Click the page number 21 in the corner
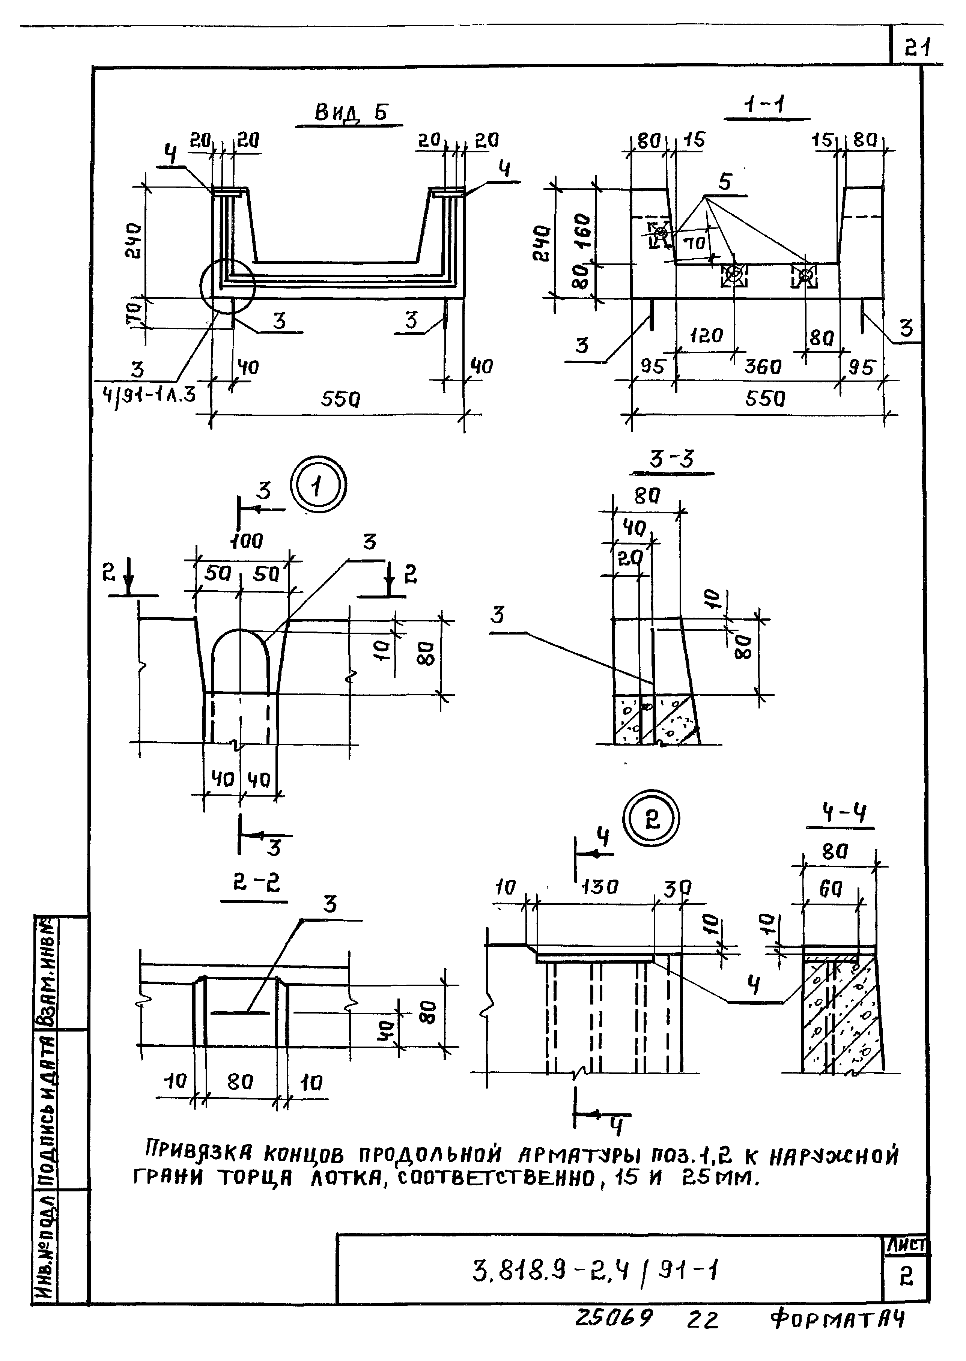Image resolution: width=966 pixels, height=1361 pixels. click(918, 47)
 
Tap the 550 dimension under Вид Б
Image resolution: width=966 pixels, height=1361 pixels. click(340, 399)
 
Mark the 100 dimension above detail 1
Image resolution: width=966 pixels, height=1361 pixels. click(246, 541)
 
